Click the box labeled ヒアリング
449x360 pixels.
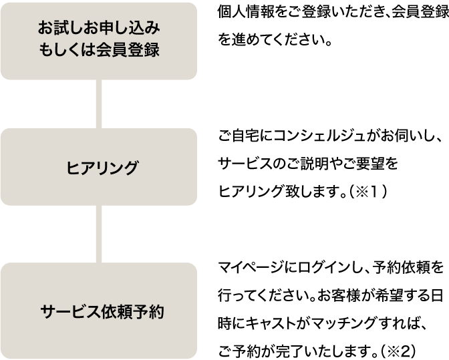[x=99, y=167]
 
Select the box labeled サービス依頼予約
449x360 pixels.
[x=99, y=311]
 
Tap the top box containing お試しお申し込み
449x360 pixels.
[x=99, y=40]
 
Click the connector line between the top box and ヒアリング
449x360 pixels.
[x=99, y=104]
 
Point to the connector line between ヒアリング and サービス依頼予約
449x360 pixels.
[x=99, y=234]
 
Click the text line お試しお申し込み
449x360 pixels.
[x=99, y=29]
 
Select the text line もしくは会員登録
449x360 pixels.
[x=99, y=51]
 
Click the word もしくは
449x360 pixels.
[x=68, y=51]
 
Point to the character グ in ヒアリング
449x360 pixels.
[x=130, y=168]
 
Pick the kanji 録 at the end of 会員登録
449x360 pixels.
[x=152, y=51]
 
